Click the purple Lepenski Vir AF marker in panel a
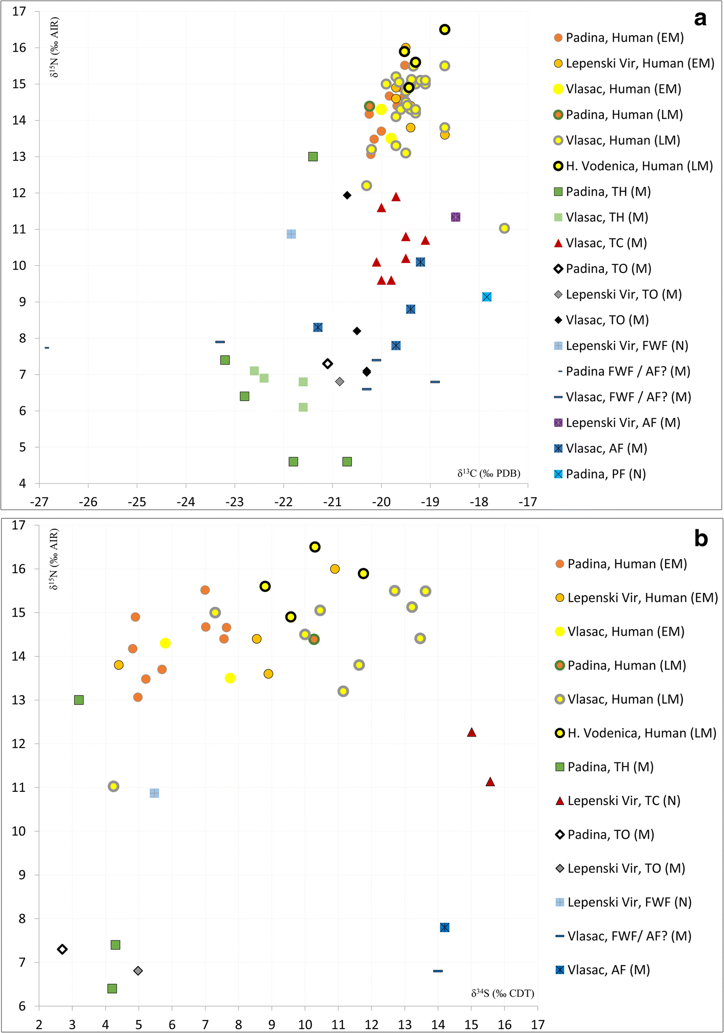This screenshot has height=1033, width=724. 455,217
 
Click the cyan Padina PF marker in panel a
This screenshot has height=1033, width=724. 486,297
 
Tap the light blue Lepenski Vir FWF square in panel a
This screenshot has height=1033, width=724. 291,234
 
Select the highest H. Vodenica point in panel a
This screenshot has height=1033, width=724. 445,29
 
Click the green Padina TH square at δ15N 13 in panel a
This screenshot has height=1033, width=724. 313,157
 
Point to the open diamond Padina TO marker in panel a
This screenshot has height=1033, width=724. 327,364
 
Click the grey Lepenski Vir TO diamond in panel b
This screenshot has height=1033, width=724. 138,971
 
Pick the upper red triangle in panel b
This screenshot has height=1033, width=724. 471,732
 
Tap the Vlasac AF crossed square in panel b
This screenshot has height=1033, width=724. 445,928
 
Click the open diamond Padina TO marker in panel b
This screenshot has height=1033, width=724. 62,949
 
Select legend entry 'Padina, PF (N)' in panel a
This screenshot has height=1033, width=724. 606,474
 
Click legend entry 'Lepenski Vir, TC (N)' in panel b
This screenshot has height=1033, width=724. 624,801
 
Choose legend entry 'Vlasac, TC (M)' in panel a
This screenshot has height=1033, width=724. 606,243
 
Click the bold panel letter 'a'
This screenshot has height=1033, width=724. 700,19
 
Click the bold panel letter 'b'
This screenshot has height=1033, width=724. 701,538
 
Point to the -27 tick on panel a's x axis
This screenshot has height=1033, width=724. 39,502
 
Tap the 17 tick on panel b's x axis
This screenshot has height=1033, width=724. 537,1024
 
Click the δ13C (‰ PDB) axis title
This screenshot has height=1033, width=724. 489,473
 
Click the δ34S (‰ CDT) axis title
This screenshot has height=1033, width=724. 503,993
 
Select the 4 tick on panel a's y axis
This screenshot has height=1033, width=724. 22,484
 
